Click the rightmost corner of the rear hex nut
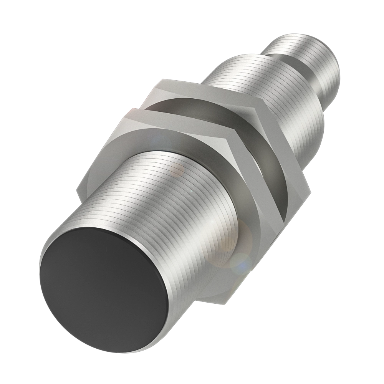pos(309,190)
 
